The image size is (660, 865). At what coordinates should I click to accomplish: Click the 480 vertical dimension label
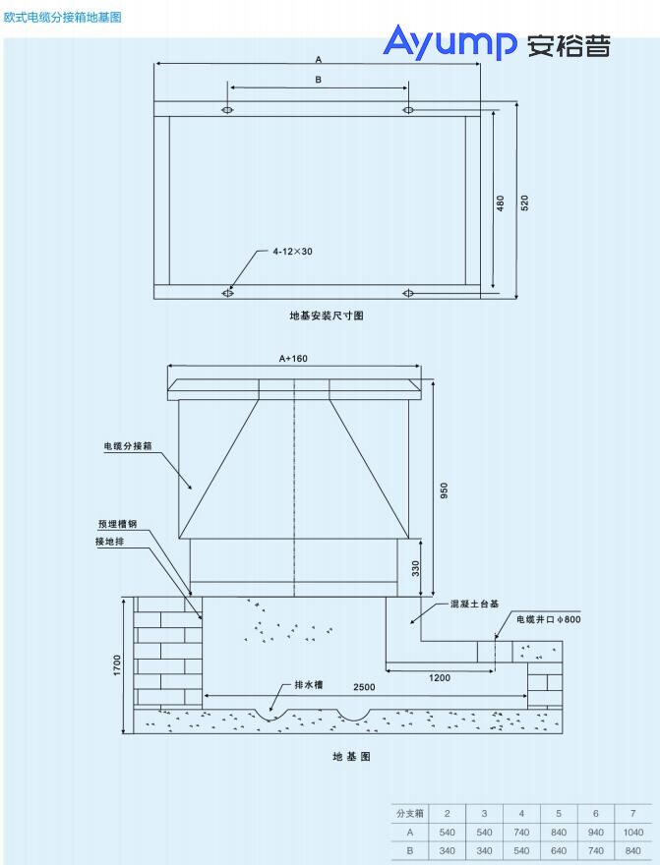pos(501,202)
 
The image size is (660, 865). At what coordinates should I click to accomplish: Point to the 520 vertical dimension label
pos(524,202)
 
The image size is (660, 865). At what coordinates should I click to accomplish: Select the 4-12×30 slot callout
pos(292,252)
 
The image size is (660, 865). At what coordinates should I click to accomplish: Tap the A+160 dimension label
pos(293,358)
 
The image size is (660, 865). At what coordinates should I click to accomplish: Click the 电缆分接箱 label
pos(128,446)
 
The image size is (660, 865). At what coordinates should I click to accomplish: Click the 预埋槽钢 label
pos(117,524)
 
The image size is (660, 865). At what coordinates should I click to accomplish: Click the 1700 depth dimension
pos(117,665)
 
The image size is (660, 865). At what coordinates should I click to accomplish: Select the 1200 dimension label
pos(442,677)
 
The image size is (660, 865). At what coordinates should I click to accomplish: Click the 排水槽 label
pos(309,684)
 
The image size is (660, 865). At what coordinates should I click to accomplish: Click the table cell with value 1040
pos(633,832)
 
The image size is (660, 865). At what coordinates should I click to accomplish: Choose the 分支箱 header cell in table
pos(409,814)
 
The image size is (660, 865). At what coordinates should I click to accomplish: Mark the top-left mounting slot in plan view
pos(228,109)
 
